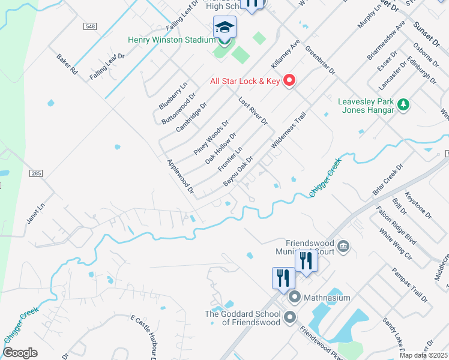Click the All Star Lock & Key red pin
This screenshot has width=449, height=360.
pyautogui.click(x=289, y=80)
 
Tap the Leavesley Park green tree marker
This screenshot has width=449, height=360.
pyautogui.click(x=404, y=105)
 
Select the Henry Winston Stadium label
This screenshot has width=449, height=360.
pyautogui.click(x=171, y=40)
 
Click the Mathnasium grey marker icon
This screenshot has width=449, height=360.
pyautogui.click(x=295, y=297)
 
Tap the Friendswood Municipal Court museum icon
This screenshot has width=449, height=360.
pyautogui.click(x=343, y=245)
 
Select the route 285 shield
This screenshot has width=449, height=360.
pyautogui.click(x=36, y=173)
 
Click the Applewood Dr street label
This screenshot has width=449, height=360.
pyautogui.click(x=181, y=177)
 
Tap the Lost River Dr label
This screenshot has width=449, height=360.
pyautogui.click(x=253, y=111)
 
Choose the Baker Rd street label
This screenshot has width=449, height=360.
pyautogui.click(x=67, y=64)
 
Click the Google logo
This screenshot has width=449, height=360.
pyautogui.click(x=20, y=353)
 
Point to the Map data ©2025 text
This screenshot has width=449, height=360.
pyautogui.click(x=423, y=355)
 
